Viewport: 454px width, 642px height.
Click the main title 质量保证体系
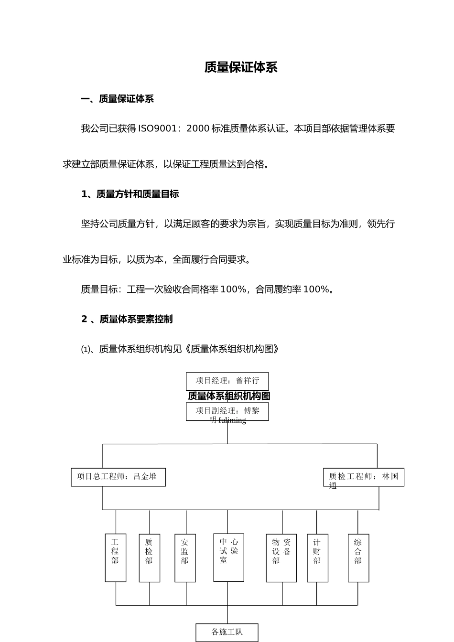[241, 67]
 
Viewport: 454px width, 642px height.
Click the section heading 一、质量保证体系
[117, 99]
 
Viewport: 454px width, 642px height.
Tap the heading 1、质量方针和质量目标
[130, 194]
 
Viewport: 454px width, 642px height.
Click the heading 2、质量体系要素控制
[127, 319]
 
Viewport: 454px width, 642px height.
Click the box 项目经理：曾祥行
[227, 381]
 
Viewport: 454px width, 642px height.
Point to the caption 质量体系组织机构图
[229, 396]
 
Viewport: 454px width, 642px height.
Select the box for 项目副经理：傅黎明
[227, 411]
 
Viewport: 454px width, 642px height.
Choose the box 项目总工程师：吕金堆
[118, 477]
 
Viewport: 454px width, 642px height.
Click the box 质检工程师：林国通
[363, 477]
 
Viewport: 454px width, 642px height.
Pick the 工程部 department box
[115, 557]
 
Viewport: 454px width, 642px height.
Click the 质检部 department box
[149, 557]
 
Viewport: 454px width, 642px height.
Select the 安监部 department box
[185, 557]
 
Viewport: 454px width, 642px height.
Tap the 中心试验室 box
[228, 557]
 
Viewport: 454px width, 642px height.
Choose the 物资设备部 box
[281, 557]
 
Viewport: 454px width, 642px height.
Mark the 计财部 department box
[317, 557]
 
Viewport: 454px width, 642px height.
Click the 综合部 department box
[358, 557]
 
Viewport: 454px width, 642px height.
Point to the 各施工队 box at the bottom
[227, 632]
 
